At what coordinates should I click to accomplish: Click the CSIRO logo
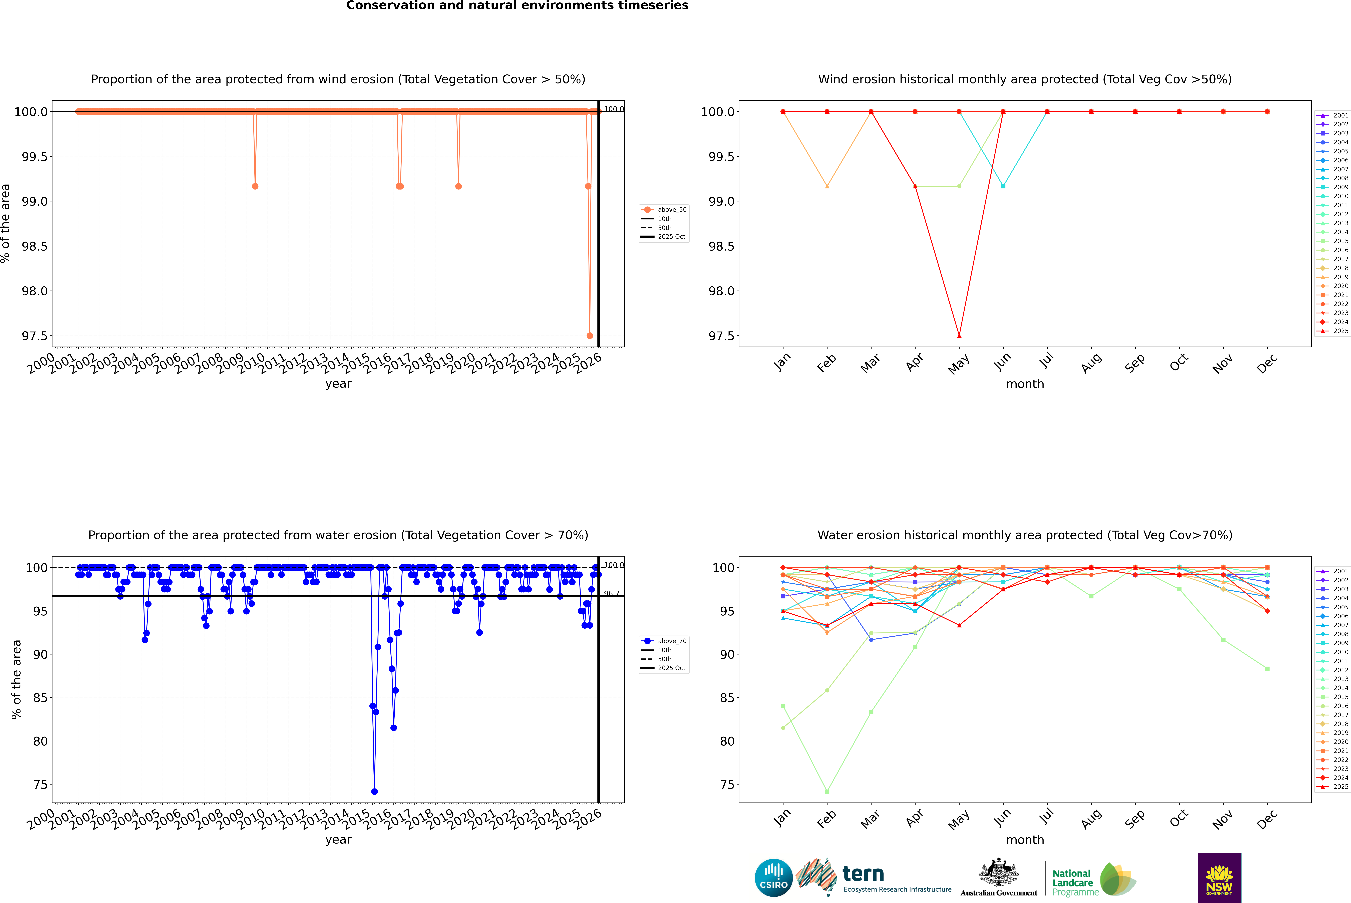tap(773, 878)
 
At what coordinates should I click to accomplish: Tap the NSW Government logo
tap(1219, 878)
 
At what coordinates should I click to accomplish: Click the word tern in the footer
tap(863, 874)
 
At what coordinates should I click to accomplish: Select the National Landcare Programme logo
tap(1094, 879)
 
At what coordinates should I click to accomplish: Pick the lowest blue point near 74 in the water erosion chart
tap(374, 791)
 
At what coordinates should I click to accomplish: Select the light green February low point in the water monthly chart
tap(827, 791)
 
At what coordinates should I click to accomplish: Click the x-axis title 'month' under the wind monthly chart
tap(1024, 384)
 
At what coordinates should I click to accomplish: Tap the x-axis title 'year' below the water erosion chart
tap(338, 840)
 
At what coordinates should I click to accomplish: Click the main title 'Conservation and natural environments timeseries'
tap(517, 6)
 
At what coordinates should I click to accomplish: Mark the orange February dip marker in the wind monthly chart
tap(827, 186)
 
